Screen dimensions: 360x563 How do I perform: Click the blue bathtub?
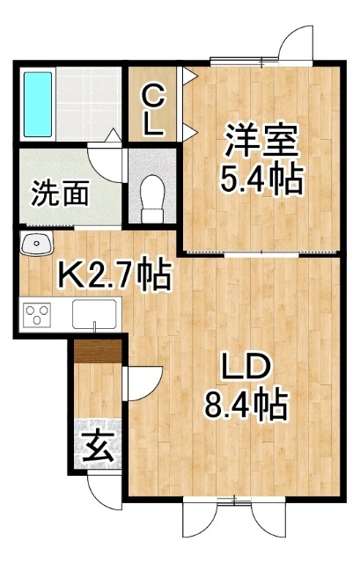tap(37, 104)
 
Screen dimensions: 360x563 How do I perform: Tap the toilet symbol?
tap(152, 198)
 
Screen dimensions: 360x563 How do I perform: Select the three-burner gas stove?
tap(37, 315)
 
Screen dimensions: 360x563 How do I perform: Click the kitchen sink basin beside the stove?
tap(94, 314)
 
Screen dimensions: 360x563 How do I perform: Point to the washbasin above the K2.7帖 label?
tap(36, 243)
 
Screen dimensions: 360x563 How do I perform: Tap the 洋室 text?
tap(261, 140)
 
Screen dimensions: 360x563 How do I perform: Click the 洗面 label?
tap(60, 193)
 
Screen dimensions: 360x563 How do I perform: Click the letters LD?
tap(246, 367)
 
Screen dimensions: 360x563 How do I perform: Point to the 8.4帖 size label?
tap(246, 404)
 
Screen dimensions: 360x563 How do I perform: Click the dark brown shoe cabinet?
tap(98, 351)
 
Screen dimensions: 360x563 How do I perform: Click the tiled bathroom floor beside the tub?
tap(88, 104)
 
